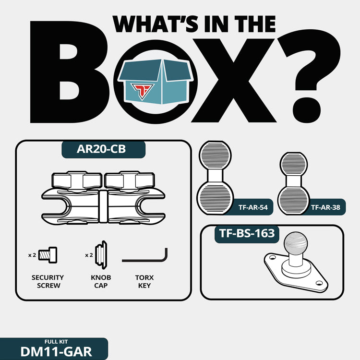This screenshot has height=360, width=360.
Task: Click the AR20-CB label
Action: [x=101, y=149]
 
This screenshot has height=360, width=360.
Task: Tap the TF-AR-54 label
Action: [x=253, y=207]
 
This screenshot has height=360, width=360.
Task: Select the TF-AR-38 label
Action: [x=325, y=207]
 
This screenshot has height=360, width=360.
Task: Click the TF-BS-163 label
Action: [x=247, y=233]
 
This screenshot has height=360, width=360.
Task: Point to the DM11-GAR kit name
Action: [x=56, y=351]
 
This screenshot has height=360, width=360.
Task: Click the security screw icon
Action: [x=48, y=255]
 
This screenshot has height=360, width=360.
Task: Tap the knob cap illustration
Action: [x=101, y=255]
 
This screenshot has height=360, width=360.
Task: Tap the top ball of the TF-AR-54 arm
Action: [x=215, y=156]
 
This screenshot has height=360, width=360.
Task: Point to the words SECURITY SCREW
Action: [x=48, y=281]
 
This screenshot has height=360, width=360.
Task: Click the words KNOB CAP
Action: [x=101, y=281]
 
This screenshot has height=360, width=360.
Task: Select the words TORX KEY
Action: [x=144, y=281]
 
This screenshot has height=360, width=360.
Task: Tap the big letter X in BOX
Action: [x=234, y=80]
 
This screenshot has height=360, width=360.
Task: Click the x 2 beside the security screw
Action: [x=32, y=255]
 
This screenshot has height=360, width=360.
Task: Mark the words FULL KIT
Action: [x=56, y=342]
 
